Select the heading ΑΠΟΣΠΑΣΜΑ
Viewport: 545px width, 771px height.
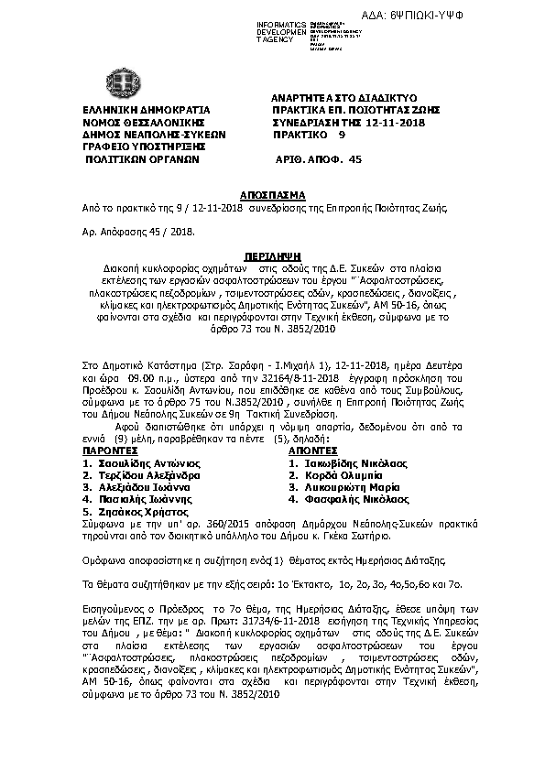[x=271, y=196]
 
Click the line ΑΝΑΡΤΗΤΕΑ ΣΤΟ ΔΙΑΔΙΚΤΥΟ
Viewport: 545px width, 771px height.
[x=344, y=96]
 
